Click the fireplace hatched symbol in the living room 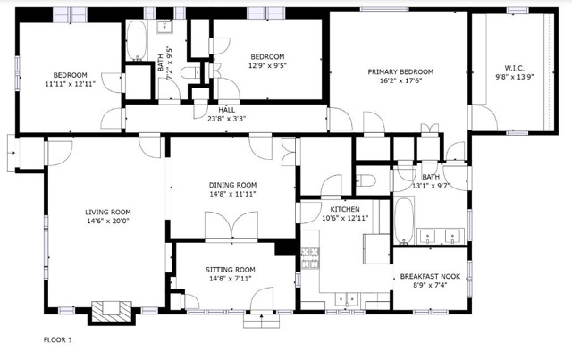point(111,311)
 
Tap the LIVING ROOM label point(108,212)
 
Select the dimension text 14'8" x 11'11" point(232,194)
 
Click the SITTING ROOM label point(230,270)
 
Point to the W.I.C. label point(515,68)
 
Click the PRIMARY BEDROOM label point(400,71)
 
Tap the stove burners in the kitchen point(309,258)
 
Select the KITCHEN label point(345,209)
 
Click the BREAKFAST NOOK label point(430,276)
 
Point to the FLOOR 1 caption point(57,340)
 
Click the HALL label point(226,110)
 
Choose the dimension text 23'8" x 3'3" point(226,119)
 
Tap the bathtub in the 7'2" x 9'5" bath point(137,40)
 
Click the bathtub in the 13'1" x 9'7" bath point(403,221)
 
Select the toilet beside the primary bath point(366,180)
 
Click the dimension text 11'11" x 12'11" point(70,84)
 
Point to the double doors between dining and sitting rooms point(231,225)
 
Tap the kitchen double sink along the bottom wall point(347,299)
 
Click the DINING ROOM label point(232,185)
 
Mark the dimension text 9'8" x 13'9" point(515,77)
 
